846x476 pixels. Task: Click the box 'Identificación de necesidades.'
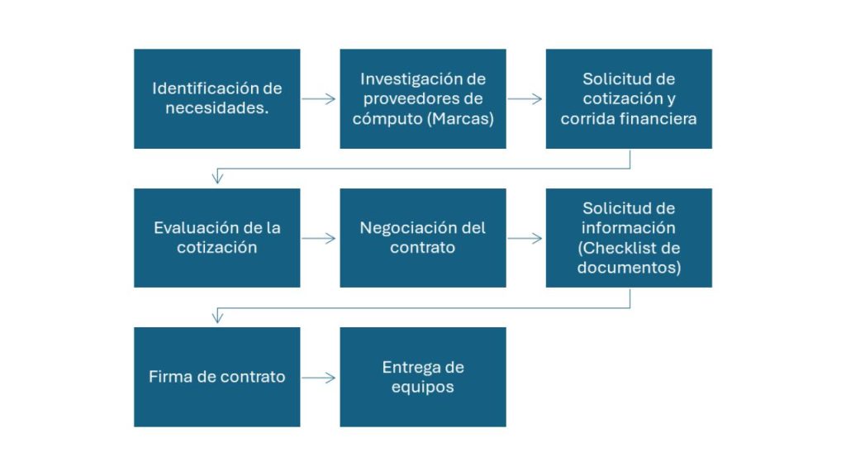[x=217, y=99]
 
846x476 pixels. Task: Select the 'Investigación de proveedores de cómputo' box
[x=423, y=99]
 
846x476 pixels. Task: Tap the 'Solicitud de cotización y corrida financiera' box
[x=629, y=99]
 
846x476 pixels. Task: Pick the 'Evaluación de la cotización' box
[x=217, y=238]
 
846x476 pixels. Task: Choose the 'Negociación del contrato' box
[x=423, y=238]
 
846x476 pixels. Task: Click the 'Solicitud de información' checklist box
[x=629, y=238]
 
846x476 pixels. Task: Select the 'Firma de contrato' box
[x=217, y=377]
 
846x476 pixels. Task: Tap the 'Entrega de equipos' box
[x=423, y=377]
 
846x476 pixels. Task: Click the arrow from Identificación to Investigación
[x=319, y=99]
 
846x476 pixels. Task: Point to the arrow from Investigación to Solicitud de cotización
[x=525, y=99]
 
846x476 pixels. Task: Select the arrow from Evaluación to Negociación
[x=319, y=238]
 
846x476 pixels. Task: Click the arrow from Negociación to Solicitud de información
[x=525, y=238]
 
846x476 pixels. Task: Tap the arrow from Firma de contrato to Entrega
[x=319, y=377]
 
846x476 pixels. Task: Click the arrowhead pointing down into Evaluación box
[x=217, y=178]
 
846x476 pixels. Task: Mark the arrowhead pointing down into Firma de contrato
[x=217, y=318]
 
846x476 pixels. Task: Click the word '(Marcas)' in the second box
[x=460, y=119]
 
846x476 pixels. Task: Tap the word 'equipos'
[x=423, y=388]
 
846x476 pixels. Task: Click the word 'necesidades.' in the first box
[x=217, y=108]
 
